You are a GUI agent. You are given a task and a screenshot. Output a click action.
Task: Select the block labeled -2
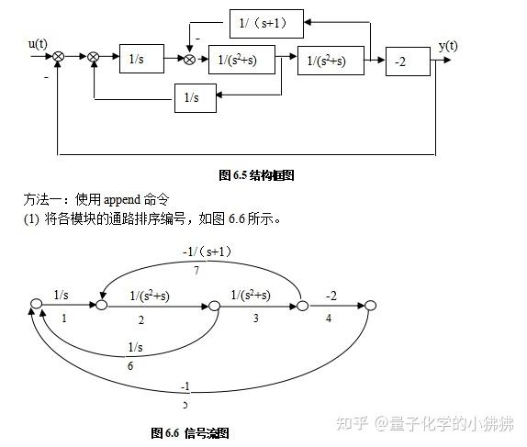(x=407, y=61)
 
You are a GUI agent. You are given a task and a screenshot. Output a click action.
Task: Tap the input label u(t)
(x=39, y=43)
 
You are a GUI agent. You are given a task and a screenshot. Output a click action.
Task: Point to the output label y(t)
(x=449, y=46)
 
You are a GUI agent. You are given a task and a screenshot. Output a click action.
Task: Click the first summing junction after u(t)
(x=59, y=58)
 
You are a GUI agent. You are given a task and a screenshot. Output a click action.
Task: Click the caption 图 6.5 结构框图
(x=256, y=174)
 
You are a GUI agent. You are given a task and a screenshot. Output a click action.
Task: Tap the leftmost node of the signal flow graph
(x=37, y=303)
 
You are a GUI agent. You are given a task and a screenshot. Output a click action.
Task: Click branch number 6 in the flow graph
(x=134, y=364)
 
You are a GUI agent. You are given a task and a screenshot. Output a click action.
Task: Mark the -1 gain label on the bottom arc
(x=185, y=386)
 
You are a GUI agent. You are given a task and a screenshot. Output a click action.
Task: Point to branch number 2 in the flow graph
(x=141, y=319)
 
